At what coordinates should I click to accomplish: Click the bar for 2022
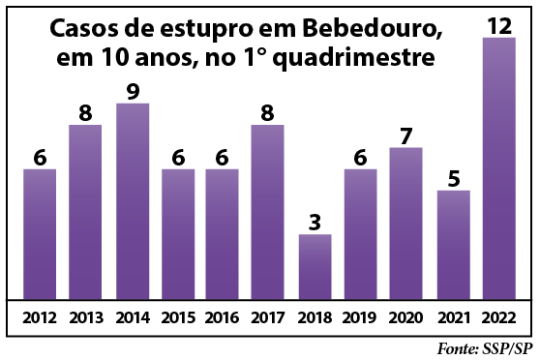499,168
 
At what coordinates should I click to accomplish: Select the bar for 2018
315,266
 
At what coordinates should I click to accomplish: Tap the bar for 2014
132,200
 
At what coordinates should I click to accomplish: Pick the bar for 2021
454,244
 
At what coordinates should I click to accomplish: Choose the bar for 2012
40,233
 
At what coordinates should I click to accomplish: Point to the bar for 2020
406,223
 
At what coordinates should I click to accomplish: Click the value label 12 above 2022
499,25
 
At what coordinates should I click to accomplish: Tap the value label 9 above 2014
132,91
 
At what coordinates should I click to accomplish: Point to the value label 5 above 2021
454,178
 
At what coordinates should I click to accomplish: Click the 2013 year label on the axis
85,316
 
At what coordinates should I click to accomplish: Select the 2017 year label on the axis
268,316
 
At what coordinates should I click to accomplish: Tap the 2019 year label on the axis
360,316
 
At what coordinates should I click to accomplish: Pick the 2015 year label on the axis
177,316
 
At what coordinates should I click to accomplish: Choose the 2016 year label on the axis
223,316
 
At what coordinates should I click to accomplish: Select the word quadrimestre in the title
354,60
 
